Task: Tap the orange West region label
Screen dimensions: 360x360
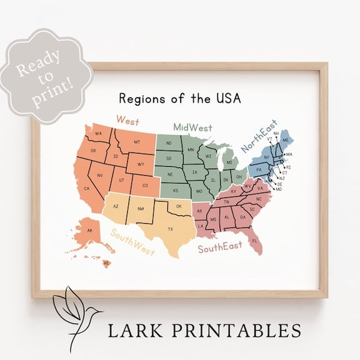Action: point(127,120)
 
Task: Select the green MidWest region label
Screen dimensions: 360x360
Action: point(193,127)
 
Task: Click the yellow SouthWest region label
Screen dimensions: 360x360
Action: point(132,242)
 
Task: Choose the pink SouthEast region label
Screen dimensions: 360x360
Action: point(220,247)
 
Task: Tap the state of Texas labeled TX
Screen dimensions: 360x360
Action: point(169,229)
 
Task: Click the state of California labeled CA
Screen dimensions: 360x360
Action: point(87,187)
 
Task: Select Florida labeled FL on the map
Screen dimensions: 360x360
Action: point(254,241)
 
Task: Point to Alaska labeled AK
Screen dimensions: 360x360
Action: point(89,231)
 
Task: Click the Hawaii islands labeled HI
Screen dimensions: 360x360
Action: point(106,264)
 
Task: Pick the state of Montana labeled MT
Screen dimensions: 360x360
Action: point(137,142)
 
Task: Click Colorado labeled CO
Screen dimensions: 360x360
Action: point(146,186)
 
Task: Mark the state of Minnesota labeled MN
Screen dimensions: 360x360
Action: point(190,150)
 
